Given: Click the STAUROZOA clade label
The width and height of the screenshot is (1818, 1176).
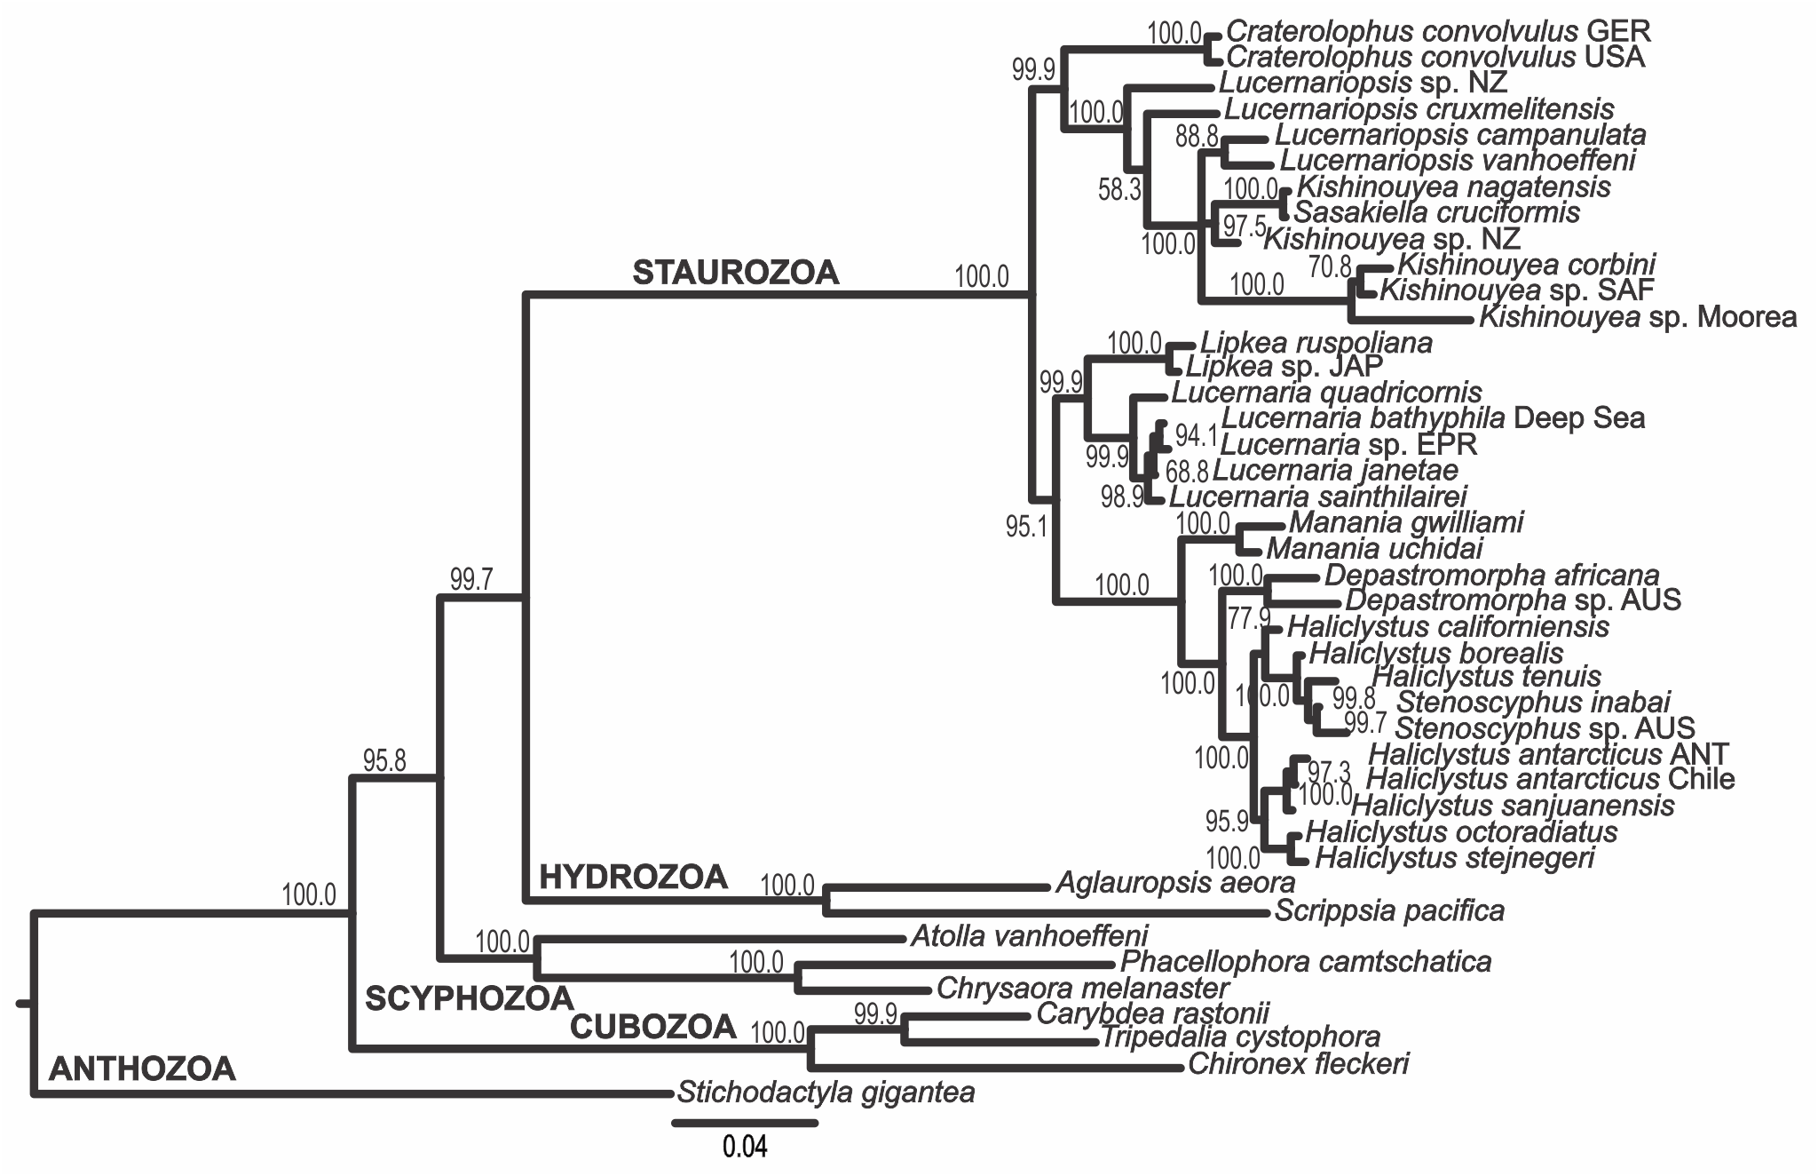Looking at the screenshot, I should [735, 273].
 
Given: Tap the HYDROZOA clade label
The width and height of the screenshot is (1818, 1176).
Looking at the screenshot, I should [633, 878].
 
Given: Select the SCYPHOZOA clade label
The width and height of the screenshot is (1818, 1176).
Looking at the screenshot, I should [470, 998].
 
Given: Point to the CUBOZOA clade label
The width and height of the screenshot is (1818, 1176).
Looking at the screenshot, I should [652, 1027].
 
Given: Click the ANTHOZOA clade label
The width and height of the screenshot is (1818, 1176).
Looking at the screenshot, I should [142, 1069].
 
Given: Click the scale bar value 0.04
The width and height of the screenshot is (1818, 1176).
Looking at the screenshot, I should [744, 1147].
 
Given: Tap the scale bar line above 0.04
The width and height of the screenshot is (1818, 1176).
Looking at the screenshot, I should [744, 1124].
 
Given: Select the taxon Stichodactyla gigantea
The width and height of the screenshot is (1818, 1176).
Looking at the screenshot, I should [826, 1092].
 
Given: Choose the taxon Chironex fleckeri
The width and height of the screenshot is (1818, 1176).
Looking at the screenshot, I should [1298, 1063].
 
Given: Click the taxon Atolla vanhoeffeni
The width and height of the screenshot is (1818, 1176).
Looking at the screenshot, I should [1029, 935].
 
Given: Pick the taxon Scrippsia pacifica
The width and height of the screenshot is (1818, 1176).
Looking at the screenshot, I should [1389, 910].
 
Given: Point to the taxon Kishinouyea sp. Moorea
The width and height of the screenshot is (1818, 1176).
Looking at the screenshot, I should [1638, 317].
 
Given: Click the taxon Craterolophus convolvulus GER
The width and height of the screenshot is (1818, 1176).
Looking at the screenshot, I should [1438, 32].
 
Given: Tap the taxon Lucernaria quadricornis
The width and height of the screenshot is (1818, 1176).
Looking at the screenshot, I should [1327, 392].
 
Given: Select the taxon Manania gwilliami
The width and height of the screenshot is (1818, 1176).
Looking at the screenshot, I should [1406, 521].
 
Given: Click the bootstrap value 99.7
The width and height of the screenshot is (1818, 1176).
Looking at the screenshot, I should [470, 580].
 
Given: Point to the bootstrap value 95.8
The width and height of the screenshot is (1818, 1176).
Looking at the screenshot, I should [383, 760].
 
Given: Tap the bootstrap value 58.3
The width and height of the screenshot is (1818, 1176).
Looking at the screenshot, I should [1118, 189].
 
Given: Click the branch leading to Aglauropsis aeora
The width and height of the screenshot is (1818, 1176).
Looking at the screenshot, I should [937, 886].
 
